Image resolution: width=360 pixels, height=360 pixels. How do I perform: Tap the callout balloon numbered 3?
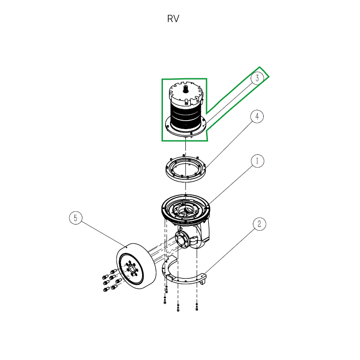[x=257, y=78]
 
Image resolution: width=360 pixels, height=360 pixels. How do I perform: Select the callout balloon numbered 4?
[x=257, y=117]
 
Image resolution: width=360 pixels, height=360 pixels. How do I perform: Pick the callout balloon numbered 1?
[x=257, y=161]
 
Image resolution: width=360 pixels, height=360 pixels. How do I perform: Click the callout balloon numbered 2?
[x=259, y=224]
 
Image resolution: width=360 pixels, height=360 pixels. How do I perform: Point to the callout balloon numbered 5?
[x=76, y=218]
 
